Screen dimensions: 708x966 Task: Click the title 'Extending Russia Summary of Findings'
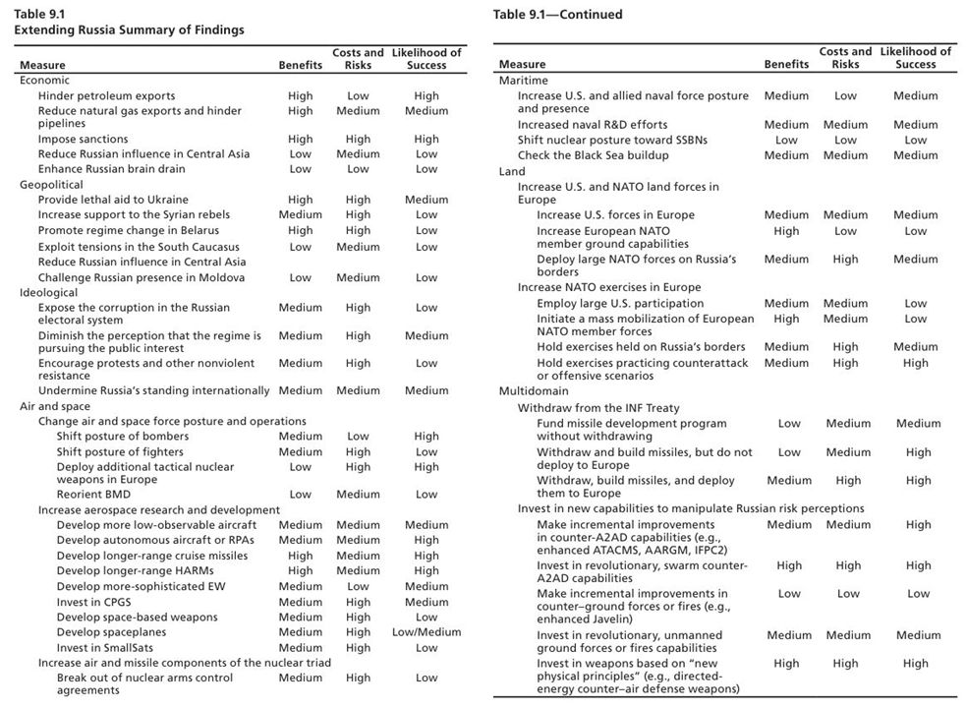129,30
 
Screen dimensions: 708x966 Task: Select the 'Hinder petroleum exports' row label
106,96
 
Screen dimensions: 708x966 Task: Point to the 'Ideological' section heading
50,292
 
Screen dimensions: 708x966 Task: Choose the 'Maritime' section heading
524,81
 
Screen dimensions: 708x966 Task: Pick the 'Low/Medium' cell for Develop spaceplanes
426,632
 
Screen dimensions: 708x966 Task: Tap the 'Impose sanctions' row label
84,140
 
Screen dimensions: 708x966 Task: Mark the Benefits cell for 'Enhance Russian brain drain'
300,169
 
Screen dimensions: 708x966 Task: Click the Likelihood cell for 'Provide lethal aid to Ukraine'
426,200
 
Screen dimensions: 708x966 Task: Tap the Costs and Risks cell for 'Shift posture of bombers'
358,437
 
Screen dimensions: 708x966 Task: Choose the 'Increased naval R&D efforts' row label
593,125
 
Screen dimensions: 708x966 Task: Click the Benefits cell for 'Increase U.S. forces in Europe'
786,215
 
